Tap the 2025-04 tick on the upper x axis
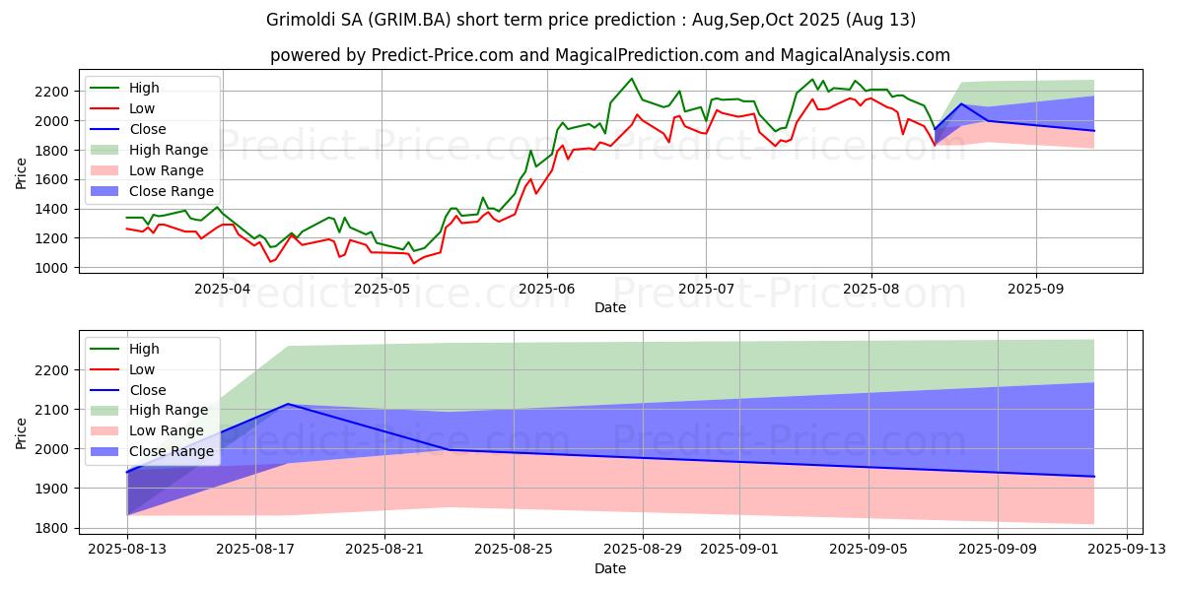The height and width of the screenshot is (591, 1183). pos(222,290)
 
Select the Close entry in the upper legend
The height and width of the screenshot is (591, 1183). pos(148,129)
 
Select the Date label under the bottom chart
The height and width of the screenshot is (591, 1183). pos(610,569)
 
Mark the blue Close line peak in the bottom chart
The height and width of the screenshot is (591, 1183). pos(287,404)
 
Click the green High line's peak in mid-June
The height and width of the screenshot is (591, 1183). pos(632,79)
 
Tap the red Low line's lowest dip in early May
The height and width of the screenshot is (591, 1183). pos(414,263)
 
